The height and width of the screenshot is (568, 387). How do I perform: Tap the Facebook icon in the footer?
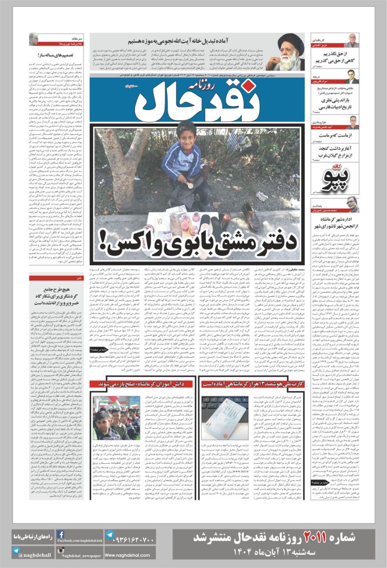click(60, 535)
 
